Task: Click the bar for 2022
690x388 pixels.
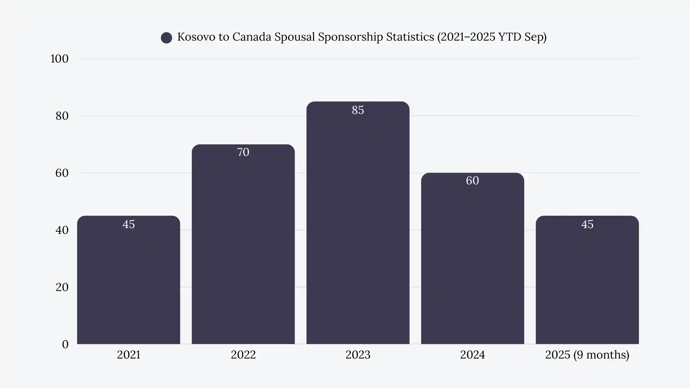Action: (x=243, y=248)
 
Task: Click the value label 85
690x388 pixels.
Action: (x=358, y=110)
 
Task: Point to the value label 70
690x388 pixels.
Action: (x=243, y=152)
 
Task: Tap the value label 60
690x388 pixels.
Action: (x=472, y=180)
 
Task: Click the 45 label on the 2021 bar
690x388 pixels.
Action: (x=128, y=224)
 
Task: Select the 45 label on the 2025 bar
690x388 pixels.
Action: (x=587, y=224)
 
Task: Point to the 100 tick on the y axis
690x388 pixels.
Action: (x=59, y=59)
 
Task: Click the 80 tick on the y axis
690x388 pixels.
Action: (x=62, y=116)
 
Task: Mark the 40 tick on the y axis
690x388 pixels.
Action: (x=62, y=230)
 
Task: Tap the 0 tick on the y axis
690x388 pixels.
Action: (x=65, y=344)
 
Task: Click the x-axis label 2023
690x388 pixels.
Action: (x=358, y=355)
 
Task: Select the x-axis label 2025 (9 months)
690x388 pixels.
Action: (x=587, y=355)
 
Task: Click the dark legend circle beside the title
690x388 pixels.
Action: (x=166, y=38)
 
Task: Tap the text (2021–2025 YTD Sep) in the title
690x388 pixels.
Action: (x=492, y=37)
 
